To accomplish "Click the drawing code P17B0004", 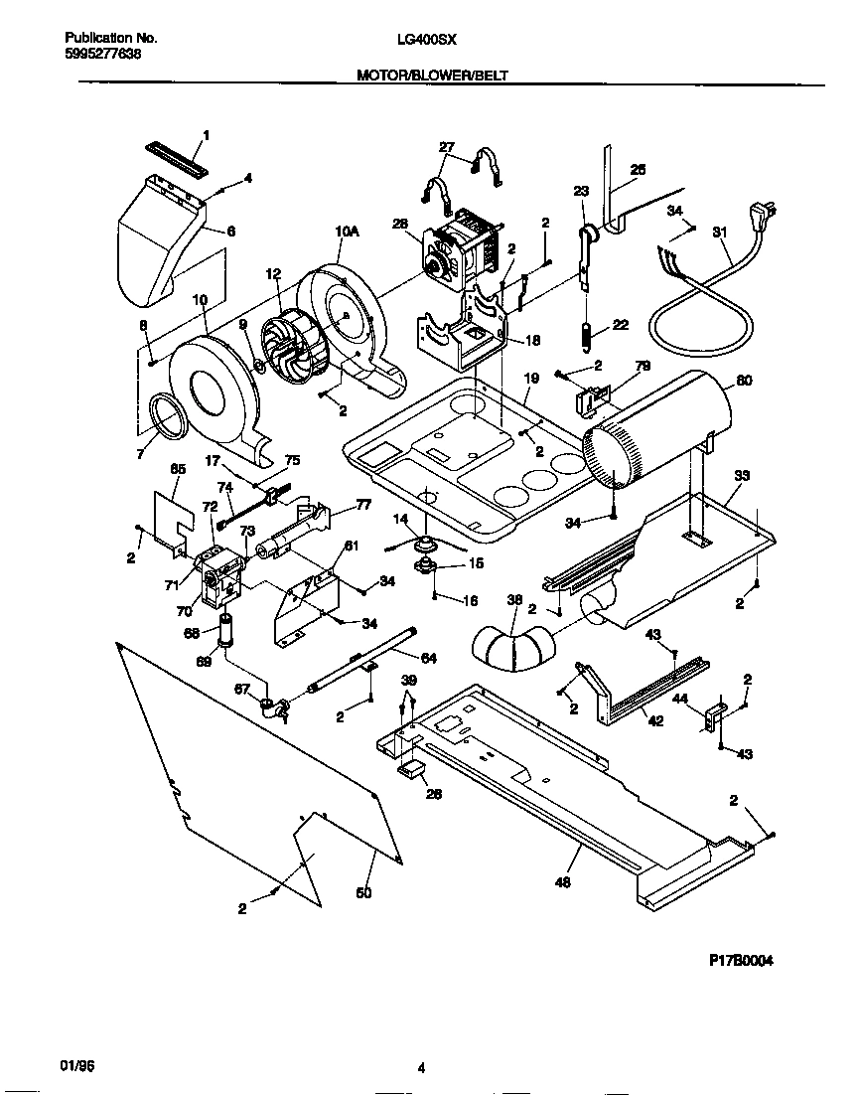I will (x=741, y=961).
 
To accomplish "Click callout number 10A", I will (x=346, y=232).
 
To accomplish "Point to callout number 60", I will (x=744, y=381).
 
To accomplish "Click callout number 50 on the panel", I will (x=363, y=893).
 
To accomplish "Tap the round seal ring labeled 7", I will (x=164, y=415).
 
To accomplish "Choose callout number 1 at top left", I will (x=207, y=135).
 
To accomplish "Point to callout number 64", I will (x=428, y=658).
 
